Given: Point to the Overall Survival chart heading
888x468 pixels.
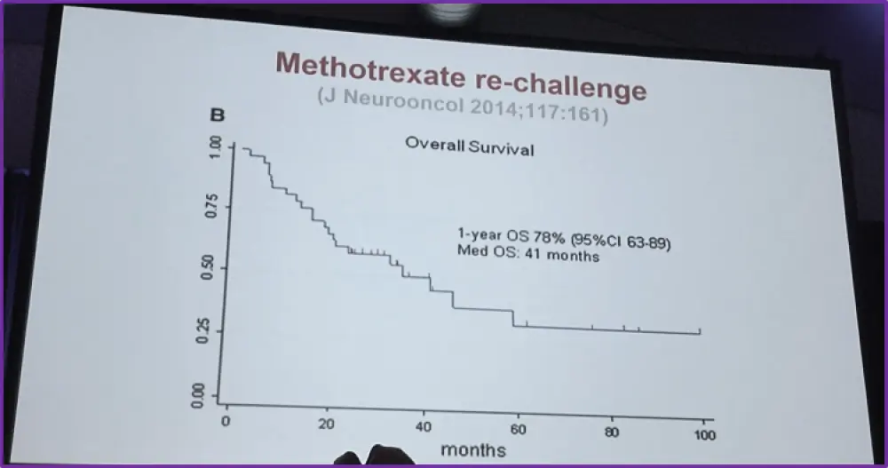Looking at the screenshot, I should [x=470, y=147].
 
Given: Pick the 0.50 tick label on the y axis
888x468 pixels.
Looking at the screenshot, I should [x=207, y=268].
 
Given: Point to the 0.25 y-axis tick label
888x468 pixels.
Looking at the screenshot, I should [x=207, y=330].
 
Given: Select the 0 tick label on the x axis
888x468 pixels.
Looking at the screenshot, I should [x=226, y=421].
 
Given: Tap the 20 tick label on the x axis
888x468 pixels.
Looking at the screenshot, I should [x=328, y=424].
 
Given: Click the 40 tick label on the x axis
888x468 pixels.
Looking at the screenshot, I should [x=423, y=427].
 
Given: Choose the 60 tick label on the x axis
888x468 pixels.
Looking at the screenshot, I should [x=519, y=430].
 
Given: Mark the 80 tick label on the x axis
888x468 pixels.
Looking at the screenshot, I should [x=612, y=432].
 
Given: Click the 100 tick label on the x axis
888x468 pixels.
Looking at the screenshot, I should [x=704, y=435].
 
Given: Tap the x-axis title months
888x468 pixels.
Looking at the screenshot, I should [x=473, y=450].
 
